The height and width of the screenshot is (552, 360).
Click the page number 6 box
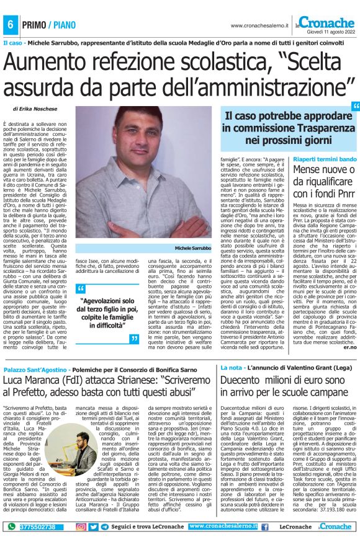11,25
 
